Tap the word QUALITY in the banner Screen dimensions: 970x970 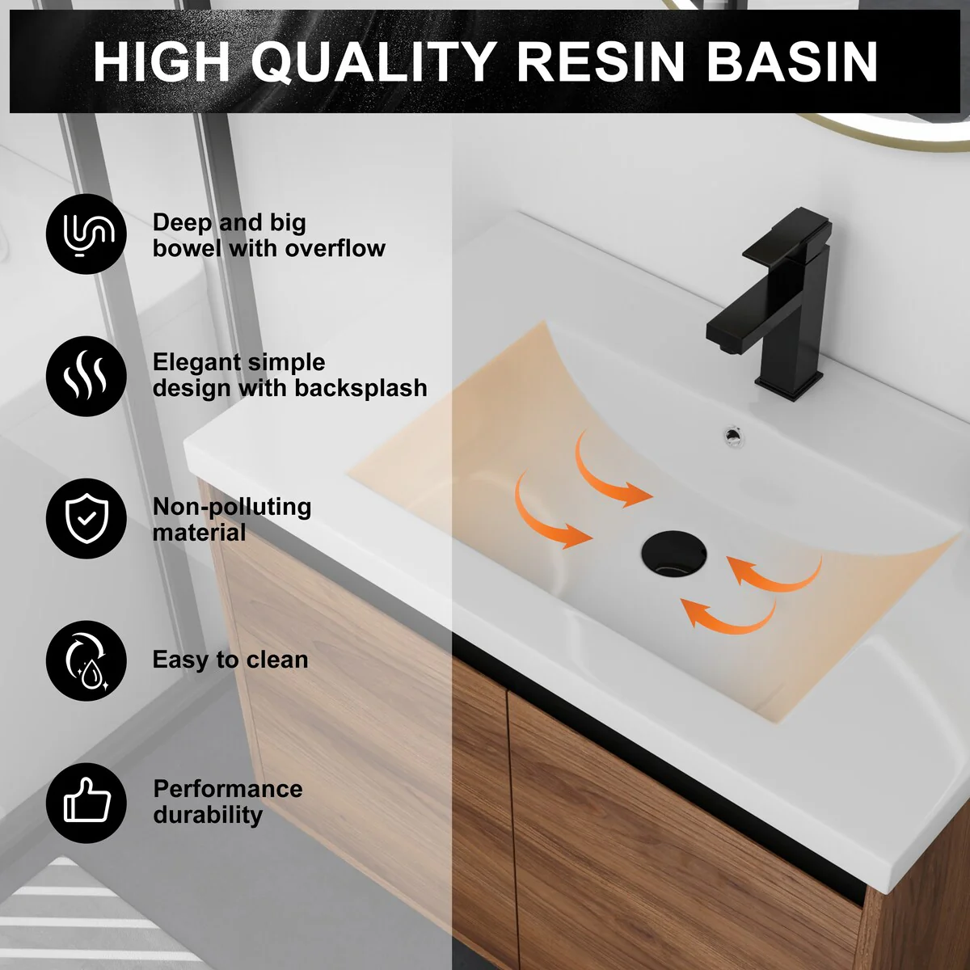(x=373, y=62)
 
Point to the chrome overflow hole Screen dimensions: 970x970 (x=732, y=436)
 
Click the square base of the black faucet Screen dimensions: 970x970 (x=789, y=384)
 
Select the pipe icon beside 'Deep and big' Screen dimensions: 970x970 (x=86, y=234)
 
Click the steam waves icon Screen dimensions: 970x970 (x=86, y=376)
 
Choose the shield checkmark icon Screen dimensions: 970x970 (x=86, y=518)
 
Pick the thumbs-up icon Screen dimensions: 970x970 (x=86, y=803)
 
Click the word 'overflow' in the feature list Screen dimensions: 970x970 (x=335, y=248)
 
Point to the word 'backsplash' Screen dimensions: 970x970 (x=361, y=388)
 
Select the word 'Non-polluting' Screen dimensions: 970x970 (x=232, y=507)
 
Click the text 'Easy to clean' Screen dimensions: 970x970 (x=230, y=660)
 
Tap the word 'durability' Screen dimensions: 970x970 (x=208, y=815)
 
